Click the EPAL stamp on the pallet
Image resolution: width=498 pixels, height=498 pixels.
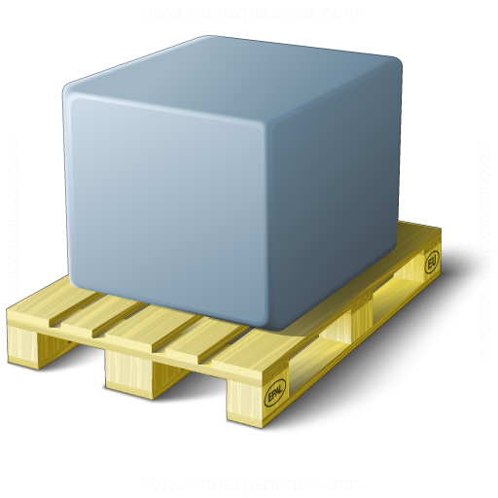click(x=275, y=392)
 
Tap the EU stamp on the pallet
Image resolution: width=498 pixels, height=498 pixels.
click(x=432, y=263)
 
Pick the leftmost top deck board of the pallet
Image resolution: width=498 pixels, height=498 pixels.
click(x=58, y=306)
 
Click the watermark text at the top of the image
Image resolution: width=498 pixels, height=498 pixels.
click(x=248, y=13)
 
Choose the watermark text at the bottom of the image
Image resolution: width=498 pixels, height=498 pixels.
click(x=248, y=483)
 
